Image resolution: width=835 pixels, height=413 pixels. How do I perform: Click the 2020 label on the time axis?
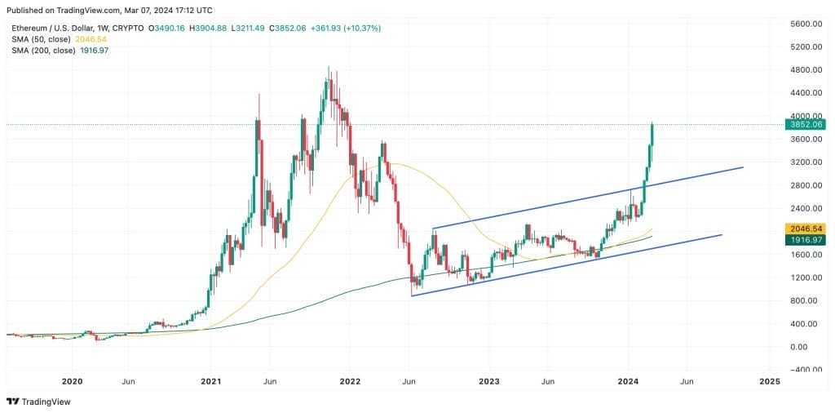point(73,381)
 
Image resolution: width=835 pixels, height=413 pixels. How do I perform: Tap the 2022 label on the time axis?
point(351,381)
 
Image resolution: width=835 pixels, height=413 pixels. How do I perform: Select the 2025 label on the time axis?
point(769,381)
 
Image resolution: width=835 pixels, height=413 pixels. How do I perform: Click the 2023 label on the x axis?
point(489,381)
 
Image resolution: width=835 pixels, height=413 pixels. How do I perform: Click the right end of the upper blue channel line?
point(743,167)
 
